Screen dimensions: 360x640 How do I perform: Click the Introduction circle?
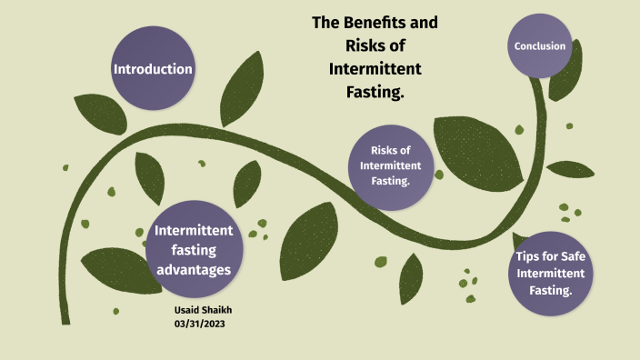(152, 69)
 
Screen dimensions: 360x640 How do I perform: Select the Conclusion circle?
(540, 45)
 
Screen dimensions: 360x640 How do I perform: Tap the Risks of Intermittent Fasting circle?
(390, 165)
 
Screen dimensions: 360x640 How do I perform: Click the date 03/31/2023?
(198, 324)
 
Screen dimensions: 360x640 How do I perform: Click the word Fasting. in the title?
(375, 91)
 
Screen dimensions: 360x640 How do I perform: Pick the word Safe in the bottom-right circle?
(571, 256)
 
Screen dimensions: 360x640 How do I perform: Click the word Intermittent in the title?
(375, 68)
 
